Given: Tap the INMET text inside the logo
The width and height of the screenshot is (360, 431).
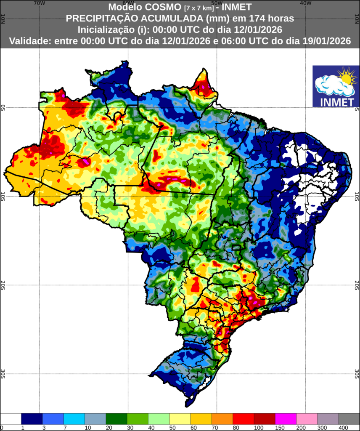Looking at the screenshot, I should (336, 101).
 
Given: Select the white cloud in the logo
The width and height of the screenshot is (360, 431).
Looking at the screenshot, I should (332, 85).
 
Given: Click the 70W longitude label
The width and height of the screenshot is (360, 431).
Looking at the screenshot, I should (39, 3).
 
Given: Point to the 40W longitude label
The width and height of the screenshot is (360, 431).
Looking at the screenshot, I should (306, 3).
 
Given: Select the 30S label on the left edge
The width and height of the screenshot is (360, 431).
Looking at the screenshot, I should (3, 373).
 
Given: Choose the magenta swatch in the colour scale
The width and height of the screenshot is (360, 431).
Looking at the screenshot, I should (286, 419).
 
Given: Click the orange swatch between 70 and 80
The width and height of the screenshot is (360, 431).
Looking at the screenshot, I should (222, 419).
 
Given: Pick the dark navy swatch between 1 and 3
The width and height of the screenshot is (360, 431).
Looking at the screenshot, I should (32, 419).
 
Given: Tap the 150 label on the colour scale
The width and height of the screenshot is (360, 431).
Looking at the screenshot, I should (275, 428).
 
